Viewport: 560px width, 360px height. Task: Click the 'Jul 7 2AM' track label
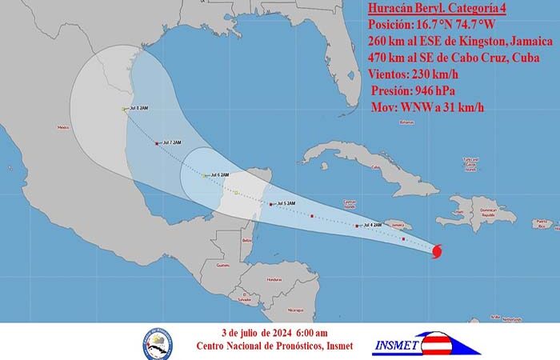pos(171,142)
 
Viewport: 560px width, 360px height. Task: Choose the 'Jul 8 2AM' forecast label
pos(137,107)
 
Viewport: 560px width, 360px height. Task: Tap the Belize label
pos(247,239)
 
